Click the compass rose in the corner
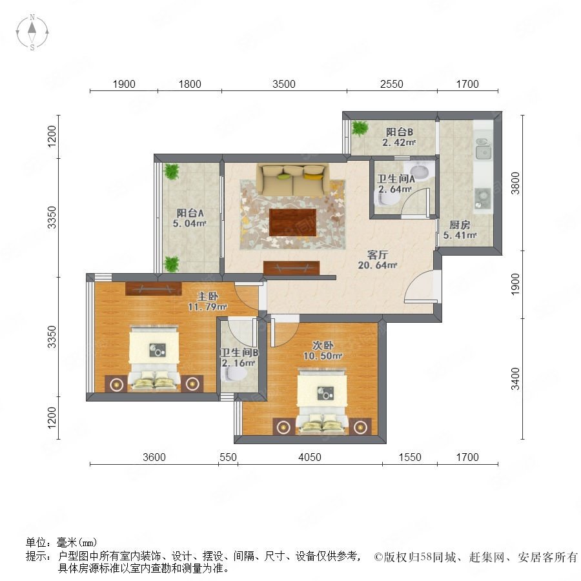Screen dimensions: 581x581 tap(32, 32)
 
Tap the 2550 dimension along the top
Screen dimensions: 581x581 tap(392, 84)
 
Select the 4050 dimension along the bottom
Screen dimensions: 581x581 tap(310, 457)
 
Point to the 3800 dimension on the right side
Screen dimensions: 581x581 tap(515, 183)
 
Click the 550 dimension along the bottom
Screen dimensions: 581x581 tap(228, 457)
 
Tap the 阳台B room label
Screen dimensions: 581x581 tap(399, 132)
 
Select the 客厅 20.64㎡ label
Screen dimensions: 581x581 tap(378, 260)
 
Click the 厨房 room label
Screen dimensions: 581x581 tap(460, 225)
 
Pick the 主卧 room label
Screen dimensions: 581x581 tap(207, 296)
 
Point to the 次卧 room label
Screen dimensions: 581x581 tap(323, 345)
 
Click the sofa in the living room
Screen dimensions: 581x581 tap(293, 179)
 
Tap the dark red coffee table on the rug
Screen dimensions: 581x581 tap(292, 222)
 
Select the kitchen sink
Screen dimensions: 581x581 tap(482, 148)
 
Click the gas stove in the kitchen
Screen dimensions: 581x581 tap(483, 199)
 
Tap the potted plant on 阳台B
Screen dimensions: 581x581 tap(360, 128)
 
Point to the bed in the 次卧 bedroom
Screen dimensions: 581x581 tap(321, 400)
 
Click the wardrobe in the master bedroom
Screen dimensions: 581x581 tap(154, 289)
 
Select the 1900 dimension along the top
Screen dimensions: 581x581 tap(124, 84)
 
